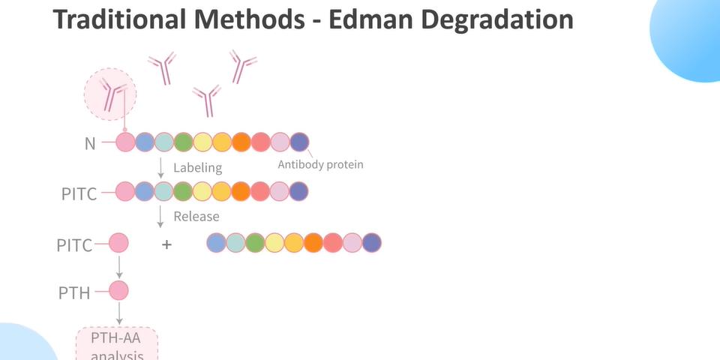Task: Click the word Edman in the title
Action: [x=369, y=19]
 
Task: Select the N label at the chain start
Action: [x=90, y=144]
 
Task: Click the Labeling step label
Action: [x=197, y=168]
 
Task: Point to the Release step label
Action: [x=196, y=216]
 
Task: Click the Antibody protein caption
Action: [x=320, y=164]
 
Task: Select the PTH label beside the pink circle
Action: [x=74, y=293]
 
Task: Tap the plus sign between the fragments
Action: [x=166, y=244]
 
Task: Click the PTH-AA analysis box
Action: [x=117, y=343]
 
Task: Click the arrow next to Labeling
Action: [x=160, y=168]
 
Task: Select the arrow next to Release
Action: [x=160, y=217]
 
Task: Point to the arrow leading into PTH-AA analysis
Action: [x=119, y=313]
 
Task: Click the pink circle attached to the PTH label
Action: [x=118, y=291]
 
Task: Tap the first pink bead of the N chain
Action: [x=125, y=142]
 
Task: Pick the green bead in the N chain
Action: [x=183, y=142]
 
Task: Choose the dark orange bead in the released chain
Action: [x=313, y=243]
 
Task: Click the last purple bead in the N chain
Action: [x=299, y=142]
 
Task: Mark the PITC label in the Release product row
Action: [x=74, y=245]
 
